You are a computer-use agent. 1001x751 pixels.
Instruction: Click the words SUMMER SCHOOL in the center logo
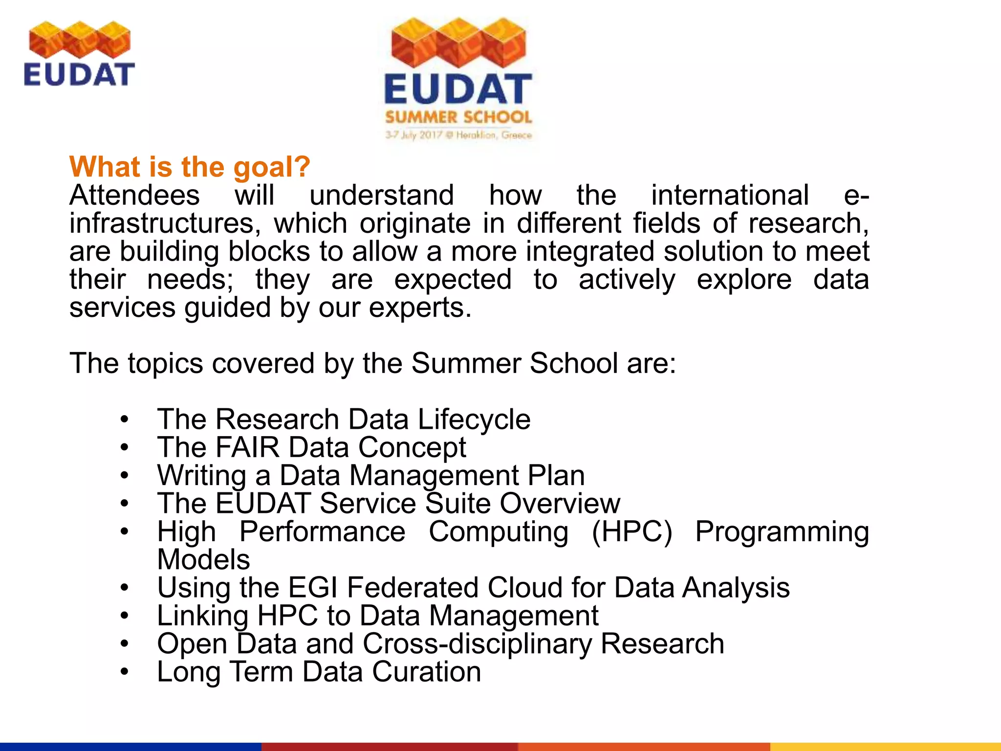click(458, 117)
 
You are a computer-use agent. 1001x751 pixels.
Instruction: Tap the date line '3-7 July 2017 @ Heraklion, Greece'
click(458, 135)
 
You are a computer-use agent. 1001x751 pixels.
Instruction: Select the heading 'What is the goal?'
click(190, 167)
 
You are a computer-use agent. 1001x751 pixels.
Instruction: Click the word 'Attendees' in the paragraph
click(134, 195)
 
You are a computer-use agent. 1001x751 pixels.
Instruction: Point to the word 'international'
click(730, 195)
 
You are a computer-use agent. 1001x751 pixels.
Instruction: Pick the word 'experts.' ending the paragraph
click(420, 308)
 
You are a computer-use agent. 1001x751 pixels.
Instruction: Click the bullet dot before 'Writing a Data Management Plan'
click(125, 475)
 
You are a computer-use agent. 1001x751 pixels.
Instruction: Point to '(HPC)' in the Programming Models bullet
click(631, 531)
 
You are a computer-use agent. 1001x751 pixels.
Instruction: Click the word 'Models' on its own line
click(203, 560)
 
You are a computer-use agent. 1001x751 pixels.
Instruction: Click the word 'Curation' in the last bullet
click(426, 672)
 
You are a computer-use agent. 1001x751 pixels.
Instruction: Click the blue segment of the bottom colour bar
click(130, 747)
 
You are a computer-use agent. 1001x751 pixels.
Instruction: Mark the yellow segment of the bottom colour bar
click(885, 747)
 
